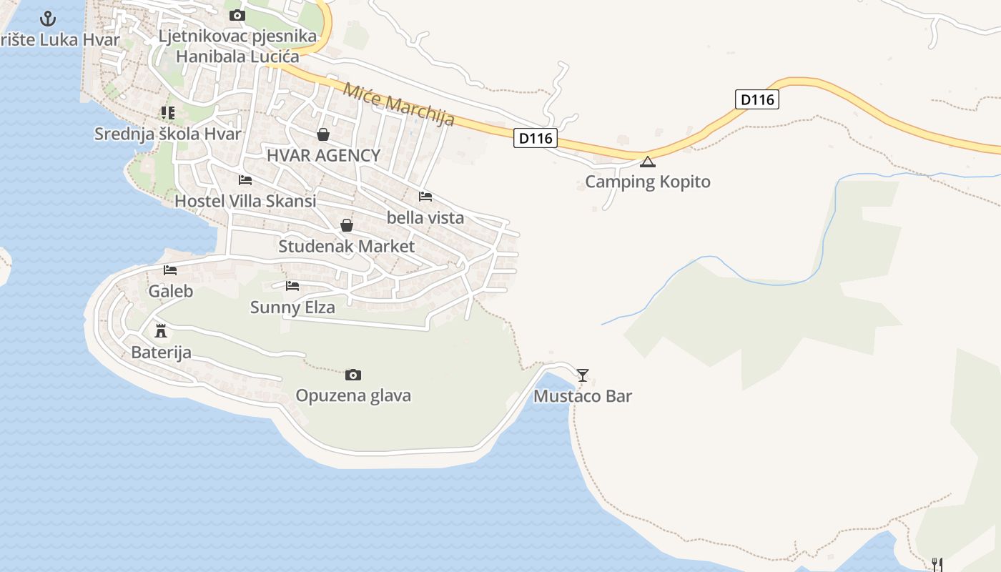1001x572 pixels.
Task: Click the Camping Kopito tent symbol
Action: click(x=647, y=162)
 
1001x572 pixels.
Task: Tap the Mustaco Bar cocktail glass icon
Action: click(x=583, y=375)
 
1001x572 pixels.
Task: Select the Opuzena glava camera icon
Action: click(x=353, y=375)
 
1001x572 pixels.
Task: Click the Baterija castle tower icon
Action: click(x=161, y=330)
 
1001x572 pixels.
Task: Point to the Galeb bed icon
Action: click(x=170, y=270)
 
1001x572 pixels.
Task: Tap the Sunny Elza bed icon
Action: click(x=292, y=286)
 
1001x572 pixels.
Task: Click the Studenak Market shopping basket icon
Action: click(x=347, y=226)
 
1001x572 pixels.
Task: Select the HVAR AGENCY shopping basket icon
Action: click(x=323, y=134)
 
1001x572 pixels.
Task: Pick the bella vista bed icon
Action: click(x=425, y=197)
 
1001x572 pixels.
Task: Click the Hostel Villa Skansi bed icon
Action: click(x=245, y=180)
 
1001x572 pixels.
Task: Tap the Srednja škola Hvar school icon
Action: click(x=167, y=113)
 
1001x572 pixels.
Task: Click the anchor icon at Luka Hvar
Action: click(x=48, y=19)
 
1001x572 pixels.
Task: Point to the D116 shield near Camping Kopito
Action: click(x=757, y=99)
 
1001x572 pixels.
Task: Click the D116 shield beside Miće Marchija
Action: click(x=535, y=138)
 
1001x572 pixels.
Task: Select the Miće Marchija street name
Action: click(x=398, y=104)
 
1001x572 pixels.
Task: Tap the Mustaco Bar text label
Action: click(x=583, y=396)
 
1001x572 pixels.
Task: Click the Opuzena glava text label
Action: click(x=353, y=395)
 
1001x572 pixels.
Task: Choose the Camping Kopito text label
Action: click(x=648, y=182)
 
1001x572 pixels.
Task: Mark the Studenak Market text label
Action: click(x=346, y=247)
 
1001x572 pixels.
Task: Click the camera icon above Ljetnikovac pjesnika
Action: click(x=237, y=15)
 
